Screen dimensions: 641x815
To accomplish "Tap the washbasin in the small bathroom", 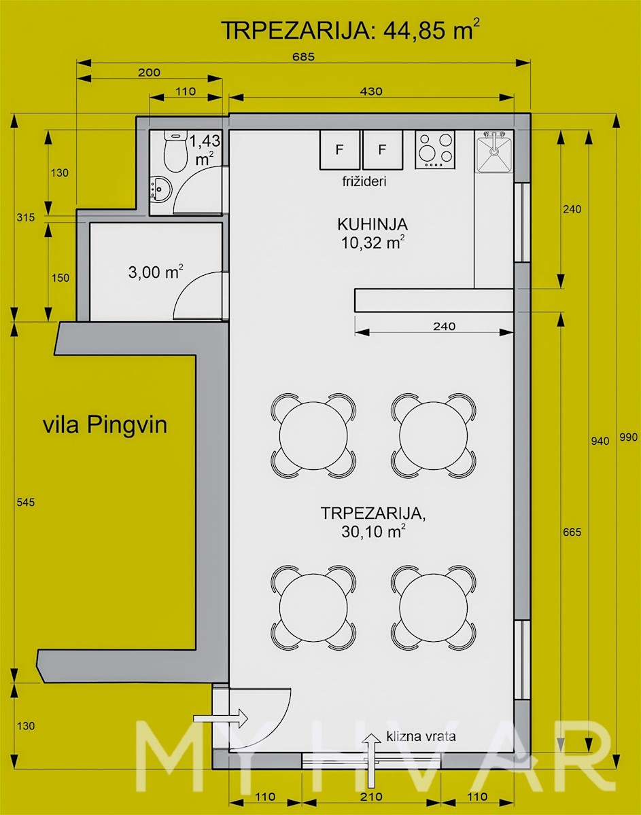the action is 160,188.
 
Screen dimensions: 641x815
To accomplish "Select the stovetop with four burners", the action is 435,149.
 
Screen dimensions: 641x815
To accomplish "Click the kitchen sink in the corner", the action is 494,151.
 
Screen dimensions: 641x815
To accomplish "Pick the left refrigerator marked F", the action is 340,149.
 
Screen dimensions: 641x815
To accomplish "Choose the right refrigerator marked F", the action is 383,149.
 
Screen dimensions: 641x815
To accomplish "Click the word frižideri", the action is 364,181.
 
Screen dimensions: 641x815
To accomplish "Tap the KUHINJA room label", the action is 373,224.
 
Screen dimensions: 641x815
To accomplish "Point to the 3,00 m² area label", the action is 156,272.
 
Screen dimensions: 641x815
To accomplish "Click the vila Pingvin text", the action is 105,426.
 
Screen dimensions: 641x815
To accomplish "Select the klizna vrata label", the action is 421,736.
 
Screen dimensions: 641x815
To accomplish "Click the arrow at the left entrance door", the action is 220,719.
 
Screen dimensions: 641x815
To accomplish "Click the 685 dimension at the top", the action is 303,56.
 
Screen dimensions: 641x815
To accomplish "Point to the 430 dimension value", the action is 371,91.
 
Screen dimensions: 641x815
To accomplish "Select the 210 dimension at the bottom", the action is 370,796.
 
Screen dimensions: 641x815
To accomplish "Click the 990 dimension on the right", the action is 628,437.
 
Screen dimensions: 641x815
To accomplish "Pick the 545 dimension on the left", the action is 26,502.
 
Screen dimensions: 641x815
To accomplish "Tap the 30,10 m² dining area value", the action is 373,532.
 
